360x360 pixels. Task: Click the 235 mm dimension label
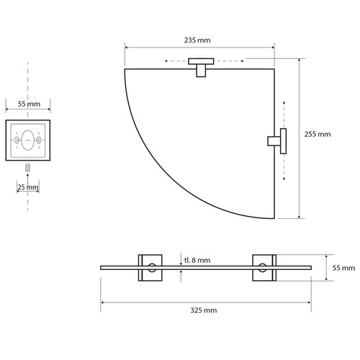pyautogui.click(x=199, y=41)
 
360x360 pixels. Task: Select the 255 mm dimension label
pyautogui.click(x=318, y=133)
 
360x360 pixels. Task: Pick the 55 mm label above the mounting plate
pyautogui.click(x=28, y=104)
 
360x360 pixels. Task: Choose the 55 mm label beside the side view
pyautogui.click(x=343, y=267)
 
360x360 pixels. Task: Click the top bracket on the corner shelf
pyautogui.click(x=199, y=69)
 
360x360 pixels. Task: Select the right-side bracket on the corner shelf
pyautogui.click(x=277, y=140)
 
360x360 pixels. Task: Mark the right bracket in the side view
pyautogui.click(x=263, y=268)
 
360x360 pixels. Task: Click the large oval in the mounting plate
pyautogui.click(x=28, y=140)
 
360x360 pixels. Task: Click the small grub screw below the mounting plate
pyautogui.click(x=28, y=168)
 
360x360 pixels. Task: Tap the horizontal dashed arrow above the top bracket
pyautogui.click(x=199, y=60)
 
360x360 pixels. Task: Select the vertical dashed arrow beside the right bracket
pyautogui.click(x=286, y=140)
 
